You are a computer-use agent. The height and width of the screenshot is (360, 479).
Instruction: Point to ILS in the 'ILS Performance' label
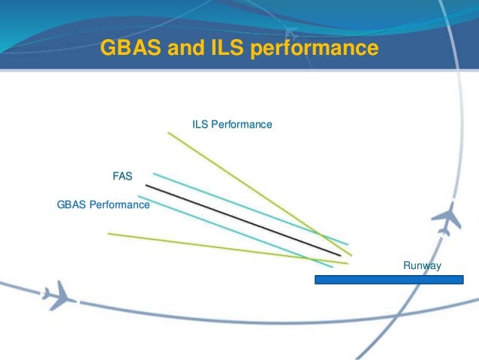(x=200, y=123)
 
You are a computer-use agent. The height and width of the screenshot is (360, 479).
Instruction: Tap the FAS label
(x=122, y=177)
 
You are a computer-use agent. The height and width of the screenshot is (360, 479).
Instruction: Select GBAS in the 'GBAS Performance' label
(x=72, y=204)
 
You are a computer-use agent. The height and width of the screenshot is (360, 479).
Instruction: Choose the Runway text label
(x=422, y=265)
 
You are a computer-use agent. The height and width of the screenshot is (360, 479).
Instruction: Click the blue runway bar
(x=388, y=280)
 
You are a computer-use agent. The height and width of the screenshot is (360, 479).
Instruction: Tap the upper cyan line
(x=248, y=208)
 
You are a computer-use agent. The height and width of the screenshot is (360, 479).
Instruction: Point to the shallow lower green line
(x=225, y=248)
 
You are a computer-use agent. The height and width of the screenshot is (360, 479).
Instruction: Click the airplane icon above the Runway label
(x=448, y=219)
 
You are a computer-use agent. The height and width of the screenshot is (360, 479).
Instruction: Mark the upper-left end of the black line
(x=146, y=185)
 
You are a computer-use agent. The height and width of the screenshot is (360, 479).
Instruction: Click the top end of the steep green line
(x=168, y=133)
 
